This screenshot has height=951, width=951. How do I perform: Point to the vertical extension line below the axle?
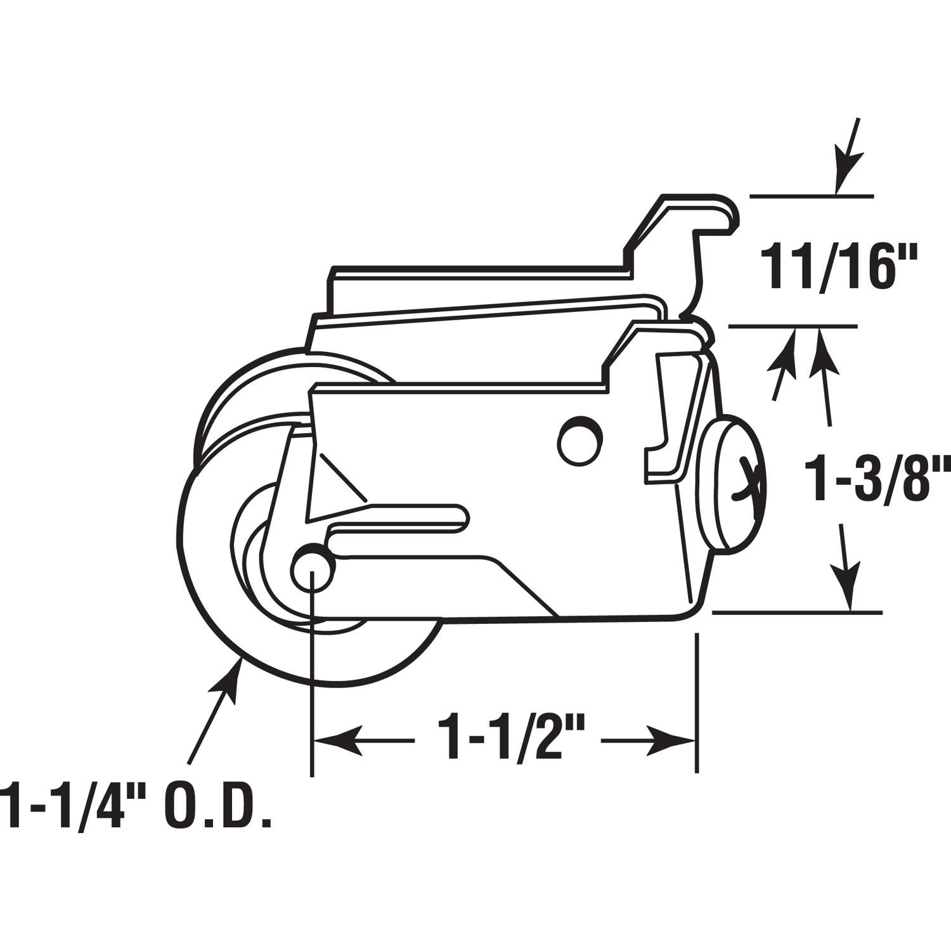pos(312,697)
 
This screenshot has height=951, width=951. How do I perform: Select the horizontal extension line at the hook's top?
pos(812,197)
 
